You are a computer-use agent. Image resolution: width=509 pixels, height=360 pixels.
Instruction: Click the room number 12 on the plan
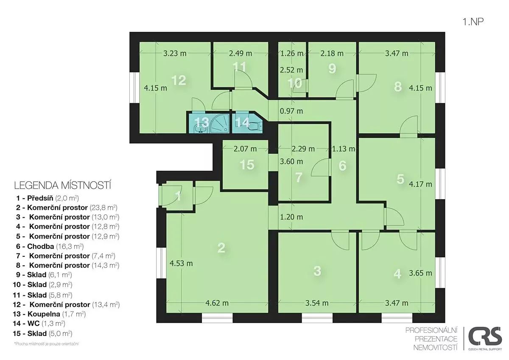click(x=179, y=80)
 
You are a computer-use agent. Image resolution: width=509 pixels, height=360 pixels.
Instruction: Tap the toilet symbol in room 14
click(x=255, y=126)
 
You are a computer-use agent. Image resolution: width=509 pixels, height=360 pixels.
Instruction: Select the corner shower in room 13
click(x=219, y=124)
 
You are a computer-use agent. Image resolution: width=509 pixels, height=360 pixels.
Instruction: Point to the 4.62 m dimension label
click(x=217, y=303)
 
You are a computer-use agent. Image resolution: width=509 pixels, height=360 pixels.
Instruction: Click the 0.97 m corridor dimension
click(x=291, y=111)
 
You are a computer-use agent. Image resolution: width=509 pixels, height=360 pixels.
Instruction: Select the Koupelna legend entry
click(x=49, y=314)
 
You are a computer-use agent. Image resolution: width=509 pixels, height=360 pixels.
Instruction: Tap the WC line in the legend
click(x=39, y=323)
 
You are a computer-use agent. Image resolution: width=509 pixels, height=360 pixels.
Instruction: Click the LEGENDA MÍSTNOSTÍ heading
click(x=63, y=186)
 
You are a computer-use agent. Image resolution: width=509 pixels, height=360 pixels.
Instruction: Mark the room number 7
click(x=299, y=177)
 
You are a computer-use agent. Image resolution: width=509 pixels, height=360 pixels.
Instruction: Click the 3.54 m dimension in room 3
click(x=317, y=303)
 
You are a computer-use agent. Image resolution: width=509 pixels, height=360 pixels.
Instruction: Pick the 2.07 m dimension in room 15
click(x=245, y=149)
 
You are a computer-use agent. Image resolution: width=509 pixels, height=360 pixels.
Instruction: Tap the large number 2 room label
click(x=221, y=247)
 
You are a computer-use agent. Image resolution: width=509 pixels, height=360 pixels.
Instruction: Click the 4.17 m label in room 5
click(x=420, y=184)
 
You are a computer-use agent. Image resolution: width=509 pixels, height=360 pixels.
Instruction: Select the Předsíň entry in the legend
click(x=48, y=198)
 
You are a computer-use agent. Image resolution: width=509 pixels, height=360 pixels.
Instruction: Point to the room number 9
click(x=332, y=68)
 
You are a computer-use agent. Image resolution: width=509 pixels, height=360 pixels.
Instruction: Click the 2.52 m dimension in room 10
click(x=291, y=70)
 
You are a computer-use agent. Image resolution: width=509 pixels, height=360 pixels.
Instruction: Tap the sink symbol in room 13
click(x=200, y=129)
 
